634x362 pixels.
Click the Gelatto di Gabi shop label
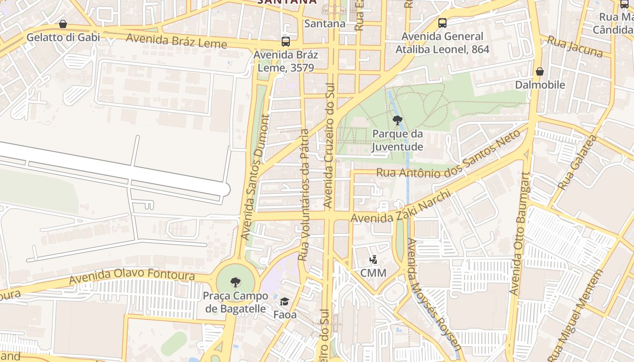[x=63, y=37]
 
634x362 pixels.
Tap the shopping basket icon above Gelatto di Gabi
[x=63, y=24]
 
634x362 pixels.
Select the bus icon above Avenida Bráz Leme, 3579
[x=285, y=42]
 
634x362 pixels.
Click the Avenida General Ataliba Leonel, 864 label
[x=442, y=43]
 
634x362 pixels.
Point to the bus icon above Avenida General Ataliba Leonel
[x=442, y=23]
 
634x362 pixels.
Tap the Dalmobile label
[x=540, y=85]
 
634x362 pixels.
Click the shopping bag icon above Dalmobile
[x=539, y=71]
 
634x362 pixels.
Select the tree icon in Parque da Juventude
[x=397, y=120]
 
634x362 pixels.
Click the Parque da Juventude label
[x=397, y=140]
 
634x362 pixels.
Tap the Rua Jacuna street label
[x=575, y=47]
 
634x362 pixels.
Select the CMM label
[x=373, y=273]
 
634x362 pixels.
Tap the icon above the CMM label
[x=373, y=260]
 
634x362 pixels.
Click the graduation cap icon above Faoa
[x=284, y=301]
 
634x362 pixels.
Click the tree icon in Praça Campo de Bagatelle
[x=235, y=283]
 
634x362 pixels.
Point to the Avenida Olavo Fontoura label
[x=131, y=276]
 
